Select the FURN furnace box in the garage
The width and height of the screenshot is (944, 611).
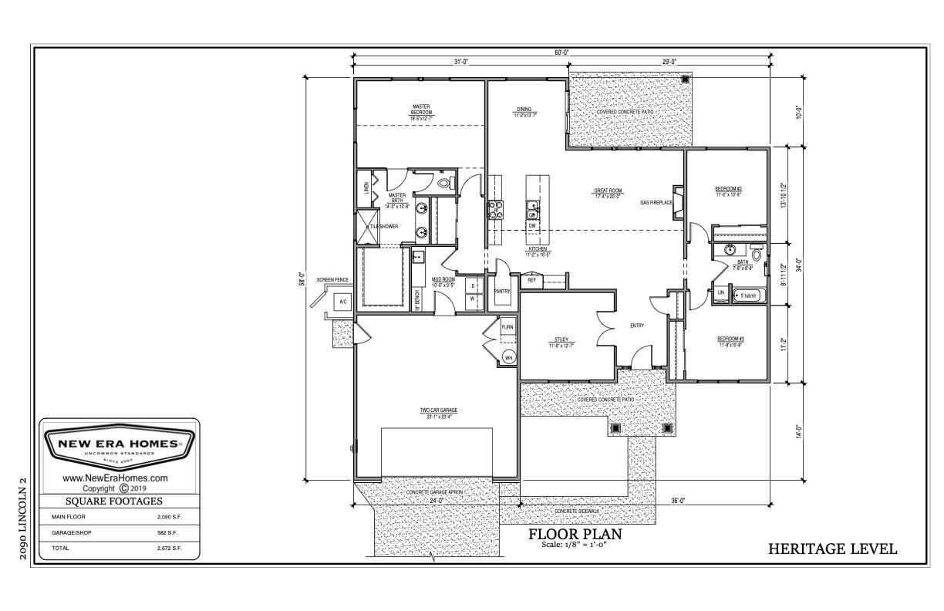507,327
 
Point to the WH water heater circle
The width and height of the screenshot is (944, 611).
508,357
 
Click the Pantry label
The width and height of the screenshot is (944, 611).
502,292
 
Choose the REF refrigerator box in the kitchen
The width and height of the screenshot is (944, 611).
531,281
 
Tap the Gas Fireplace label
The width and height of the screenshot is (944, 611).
656,203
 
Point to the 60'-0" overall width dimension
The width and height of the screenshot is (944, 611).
561,52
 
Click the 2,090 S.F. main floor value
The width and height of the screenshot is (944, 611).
169,517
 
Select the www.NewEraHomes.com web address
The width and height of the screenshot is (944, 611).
115,478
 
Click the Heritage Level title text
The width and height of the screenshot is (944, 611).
832,549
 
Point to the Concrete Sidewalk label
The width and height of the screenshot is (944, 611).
577,511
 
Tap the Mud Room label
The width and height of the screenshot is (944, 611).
443,282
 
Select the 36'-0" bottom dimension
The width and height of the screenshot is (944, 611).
678,501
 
